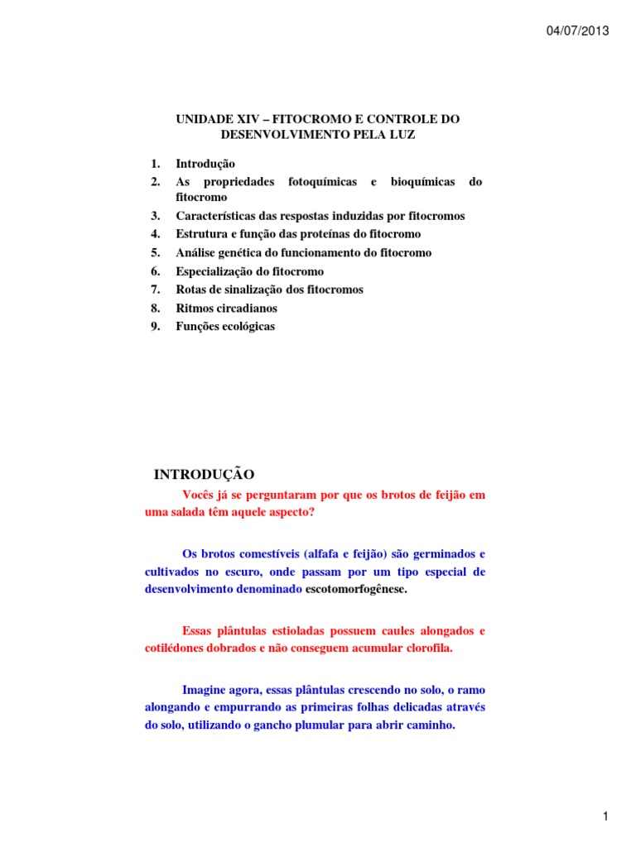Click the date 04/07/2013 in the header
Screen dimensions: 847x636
coord(577,31)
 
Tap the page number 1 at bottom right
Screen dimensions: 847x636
coord(605,794)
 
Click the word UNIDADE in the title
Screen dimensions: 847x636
coord(204,120)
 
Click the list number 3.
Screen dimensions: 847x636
coord(156,216)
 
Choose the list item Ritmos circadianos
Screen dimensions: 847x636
coord(226,308)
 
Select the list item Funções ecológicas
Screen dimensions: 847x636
coord(225,326)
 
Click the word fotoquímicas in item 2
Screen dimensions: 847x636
coord(322,181)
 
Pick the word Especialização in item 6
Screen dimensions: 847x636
coord(215,271)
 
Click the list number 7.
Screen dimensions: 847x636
coord(156,290)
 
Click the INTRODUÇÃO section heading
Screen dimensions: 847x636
coord(205,474)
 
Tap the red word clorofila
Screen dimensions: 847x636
coord(428,648)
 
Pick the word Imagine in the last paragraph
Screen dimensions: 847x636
coord(206,689)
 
